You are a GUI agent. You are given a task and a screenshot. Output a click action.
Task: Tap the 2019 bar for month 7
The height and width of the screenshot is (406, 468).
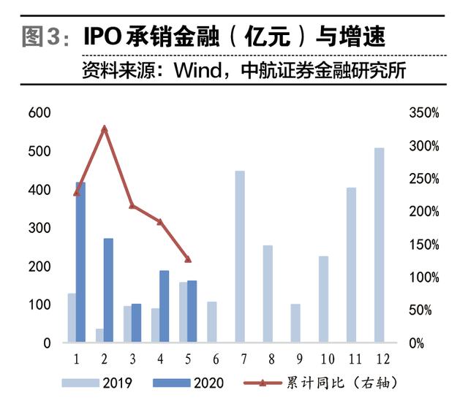coord(239,256)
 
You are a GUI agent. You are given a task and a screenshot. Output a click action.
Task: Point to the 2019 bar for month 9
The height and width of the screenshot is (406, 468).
coord(295,323)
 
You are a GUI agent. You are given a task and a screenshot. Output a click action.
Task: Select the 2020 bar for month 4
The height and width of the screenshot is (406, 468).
coord(164,307)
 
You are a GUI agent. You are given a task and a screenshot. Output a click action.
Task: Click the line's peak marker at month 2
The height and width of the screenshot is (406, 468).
coord(105,129)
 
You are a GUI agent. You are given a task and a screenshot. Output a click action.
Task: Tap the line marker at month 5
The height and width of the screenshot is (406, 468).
coord(188,259)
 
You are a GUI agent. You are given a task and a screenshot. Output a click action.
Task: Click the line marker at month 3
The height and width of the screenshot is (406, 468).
coord(132,206)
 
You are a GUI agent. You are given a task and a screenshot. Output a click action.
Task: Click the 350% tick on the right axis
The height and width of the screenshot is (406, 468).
coord(424,113)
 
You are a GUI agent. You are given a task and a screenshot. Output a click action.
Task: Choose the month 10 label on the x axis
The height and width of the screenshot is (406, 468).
coord(327,359)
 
